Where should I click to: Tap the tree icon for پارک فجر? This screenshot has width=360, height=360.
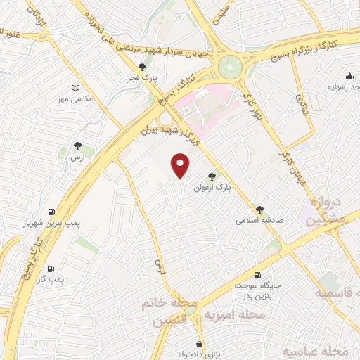click(143, 67)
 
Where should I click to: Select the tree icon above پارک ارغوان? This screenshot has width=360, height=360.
click(212, 177)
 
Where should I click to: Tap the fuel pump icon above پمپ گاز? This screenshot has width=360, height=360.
click(51, 269)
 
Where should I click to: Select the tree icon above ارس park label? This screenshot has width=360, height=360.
click(77, 146)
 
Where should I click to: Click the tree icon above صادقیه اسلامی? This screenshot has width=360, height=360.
click(260, 209)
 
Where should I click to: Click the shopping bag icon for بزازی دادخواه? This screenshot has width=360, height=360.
click(202, 343)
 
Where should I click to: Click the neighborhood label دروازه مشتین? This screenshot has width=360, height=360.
click(325, 210)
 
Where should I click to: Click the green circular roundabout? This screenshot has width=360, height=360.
click(229, 67)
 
